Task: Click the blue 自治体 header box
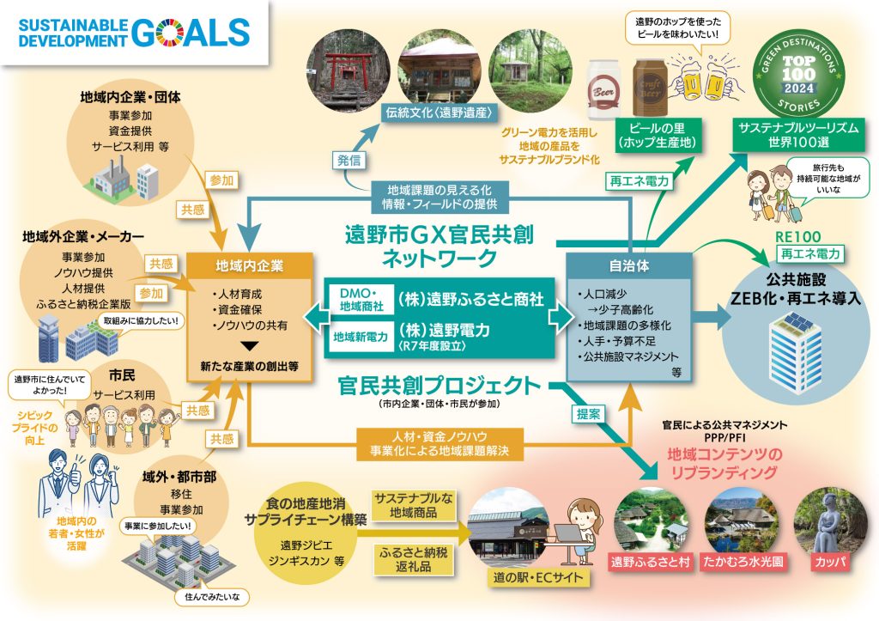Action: [x=629, y=266]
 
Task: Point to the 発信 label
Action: [x=349, y=160]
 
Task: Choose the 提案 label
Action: [x=588, y=412]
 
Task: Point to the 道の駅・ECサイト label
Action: [x=535, y=577]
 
